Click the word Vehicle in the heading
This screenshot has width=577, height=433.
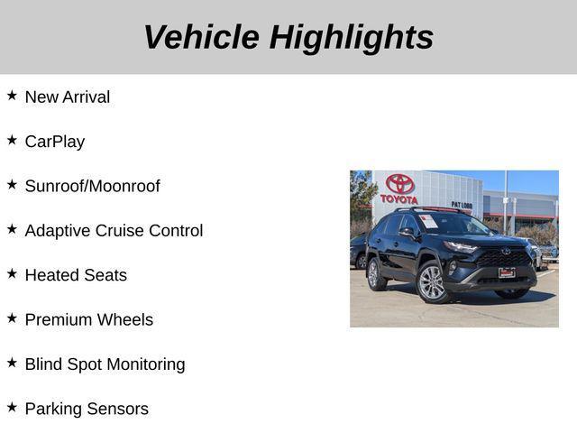pyautogui.click(x=201, y=38)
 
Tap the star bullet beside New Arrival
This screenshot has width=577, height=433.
pyautogui.click(x=12, y=95)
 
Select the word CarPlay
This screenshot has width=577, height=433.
pyautogui.click(x=55, y=142)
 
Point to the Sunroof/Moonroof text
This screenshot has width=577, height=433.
pyautogui.click(x=92, y=187)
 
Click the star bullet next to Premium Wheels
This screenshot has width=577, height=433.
pyautogui.click(x=12, y=318)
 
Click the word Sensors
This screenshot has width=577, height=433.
pyautogui.click(x=117, y=409)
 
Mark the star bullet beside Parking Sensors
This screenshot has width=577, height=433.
pyautogui.click(x=12, y=407)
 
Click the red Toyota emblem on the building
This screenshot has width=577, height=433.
pyautogui.click(x=399, y=184)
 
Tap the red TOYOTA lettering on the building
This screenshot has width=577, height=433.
pyautogui.click(x=399, y=199)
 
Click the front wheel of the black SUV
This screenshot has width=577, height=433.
pyautogui.click(x=432, y=282)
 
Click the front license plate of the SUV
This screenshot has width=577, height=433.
pyautogui.click(x=508, y=272)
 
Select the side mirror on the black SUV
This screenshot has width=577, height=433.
pyautogui.click(x=407, y=233)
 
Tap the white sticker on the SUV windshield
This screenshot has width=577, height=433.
pyautogui.click(x=428, y=220)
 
